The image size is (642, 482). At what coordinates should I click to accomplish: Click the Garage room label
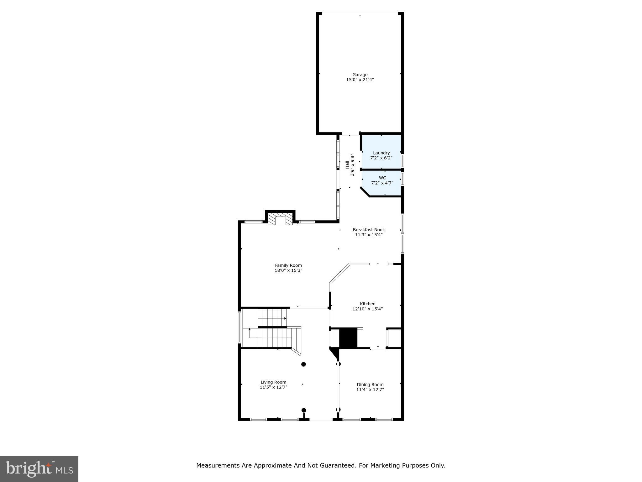coord(360,75)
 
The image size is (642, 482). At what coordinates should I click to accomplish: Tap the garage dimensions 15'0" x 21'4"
coord(360,80)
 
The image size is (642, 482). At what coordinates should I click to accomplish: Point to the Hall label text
coord(347,165)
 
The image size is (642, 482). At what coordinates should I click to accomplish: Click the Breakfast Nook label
coord(369,230)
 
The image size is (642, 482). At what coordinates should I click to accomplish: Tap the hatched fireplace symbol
coord(280,220)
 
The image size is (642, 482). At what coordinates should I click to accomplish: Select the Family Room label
coord(288,265)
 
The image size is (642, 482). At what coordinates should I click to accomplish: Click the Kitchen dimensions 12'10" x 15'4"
coord(367,309)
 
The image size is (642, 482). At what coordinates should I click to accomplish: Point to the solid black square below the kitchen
coord(348,338)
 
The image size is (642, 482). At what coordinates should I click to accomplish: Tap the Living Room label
coord(273,382)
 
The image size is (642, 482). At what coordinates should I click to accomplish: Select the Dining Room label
coord(370,385)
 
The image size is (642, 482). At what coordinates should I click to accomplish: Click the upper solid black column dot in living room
coord(303,364)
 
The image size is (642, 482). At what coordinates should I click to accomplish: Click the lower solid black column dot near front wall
coord(303,410)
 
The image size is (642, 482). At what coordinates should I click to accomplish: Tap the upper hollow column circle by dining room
coord(338,364)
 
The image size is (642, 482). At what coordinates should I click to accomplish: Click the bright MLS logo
coord(39,469)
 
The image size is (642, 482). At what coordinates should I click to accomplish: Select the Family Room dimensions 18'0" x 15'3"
coord(288,270)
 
